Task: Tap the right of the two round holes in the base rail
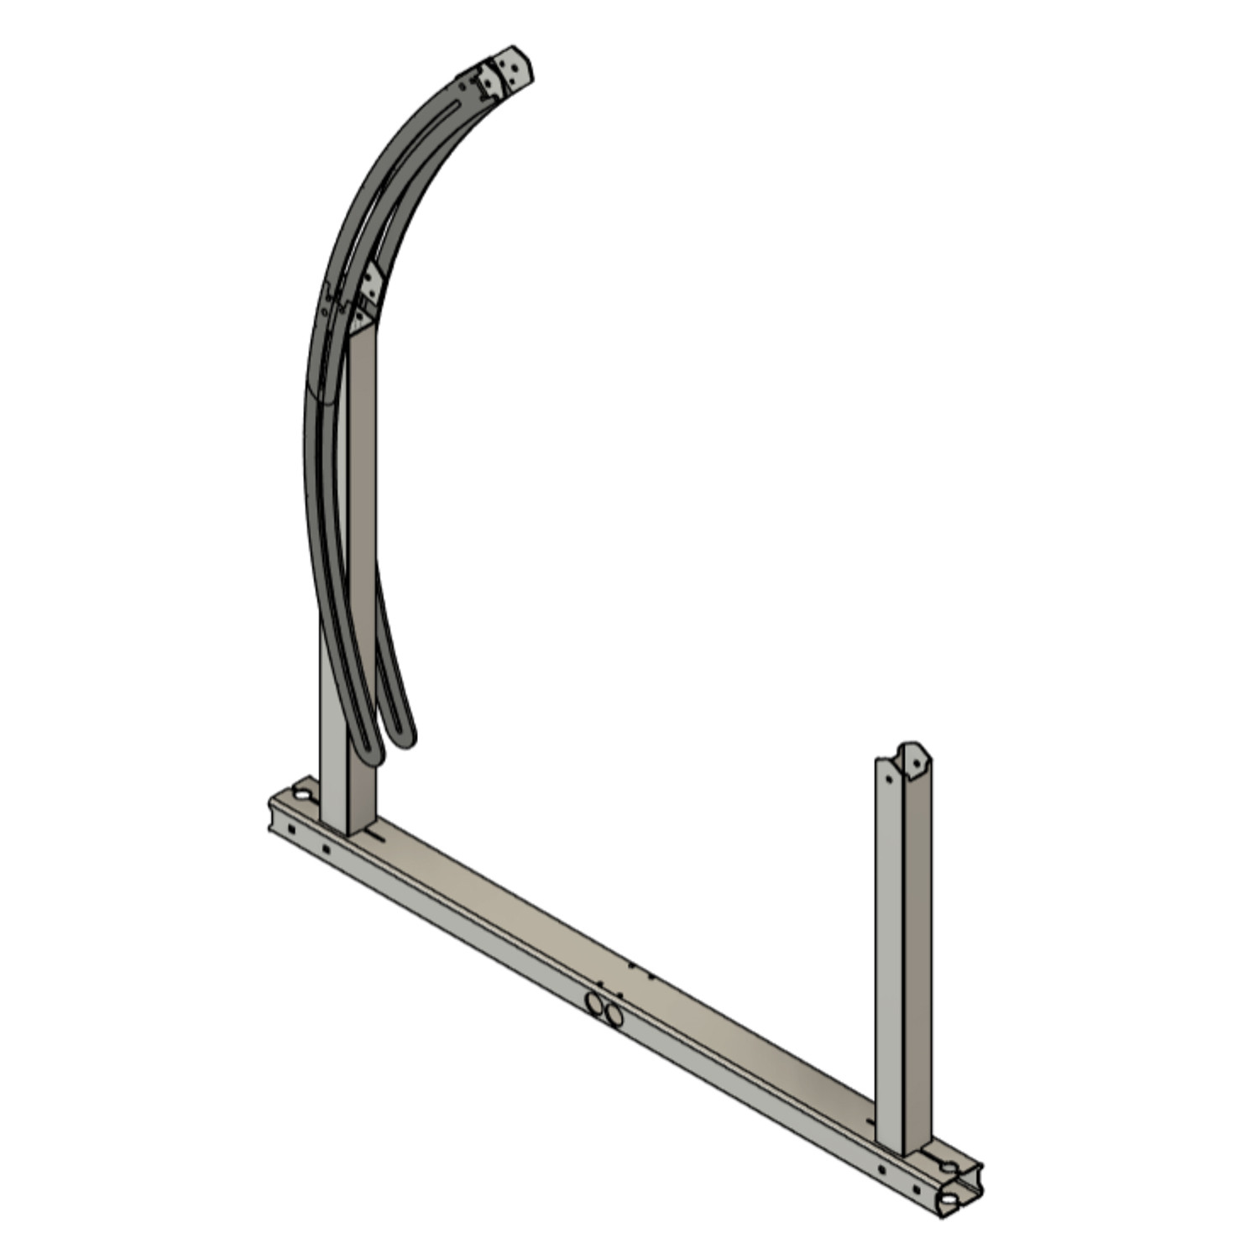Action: click(614, 1016)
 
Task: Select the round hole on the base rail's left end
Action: click(300, 792)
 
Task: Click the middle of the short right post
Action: click(903, 948)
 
